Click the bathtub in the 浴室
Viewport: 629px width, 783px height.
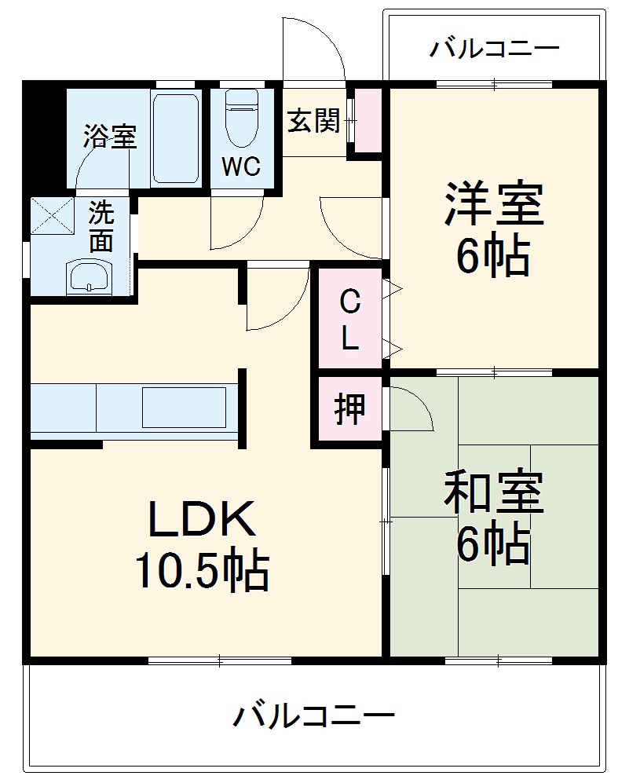pyautogui.click(x=174, y=137)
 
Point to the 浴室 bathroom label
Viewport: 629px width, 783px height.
pyautogui.click(x=110, y=137)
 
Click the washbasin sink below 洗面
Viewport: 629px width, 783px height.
pyautogui.click(x=89, y=276)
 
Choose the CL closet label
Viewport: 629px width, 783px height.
pyautogui.click(x=349, y=319)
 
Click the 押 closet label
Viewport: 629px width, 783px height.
pyautogui.click(x=349, y=409)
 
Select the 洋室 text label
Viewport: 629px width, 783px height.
pyautogui.click(x=494, y=204)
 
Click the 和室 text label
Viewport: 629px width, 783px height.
pyautogui.click(x=492, y=492)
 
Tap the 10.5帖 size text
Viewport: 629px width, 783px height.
pyautogui.click(x=203, y=571)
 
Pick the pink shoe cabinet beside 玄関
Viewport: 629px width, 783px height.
pyautogui.click(x=366, y=122)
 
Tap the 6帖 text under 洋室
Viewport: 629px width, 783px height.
pyautogui.click(x=494, y=255)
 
